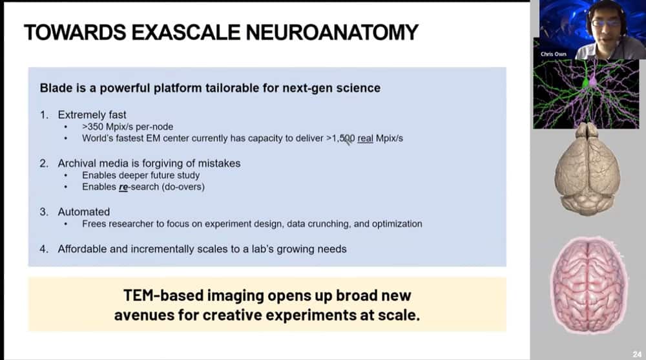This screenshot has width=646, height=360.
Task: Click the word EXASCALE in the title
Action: pyautogui.click(x=185, y=32)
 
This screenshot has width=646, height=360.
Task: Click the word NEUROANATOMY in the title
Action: pyautogui.click(x=332, y=32)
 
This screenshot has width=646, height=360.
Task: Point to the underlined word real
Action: pyautogui.click(x=365, y=138)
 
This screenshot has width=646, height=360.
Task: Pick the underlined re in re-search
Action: pyautogui.click(x=123, y=187)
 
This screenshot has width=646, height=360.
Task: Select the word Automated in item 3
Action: pyautogui.click(x=83, y=212)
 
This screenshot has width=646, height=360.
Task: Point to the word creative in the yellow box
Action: pyautogui.click(x=233, y=315)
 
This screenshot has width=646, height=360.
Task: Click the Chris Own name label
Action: pyautogui.click(x=554, y=54)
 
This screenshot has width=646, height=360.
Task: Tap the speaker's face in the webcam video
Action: pyautogui.click(x=607, y=24)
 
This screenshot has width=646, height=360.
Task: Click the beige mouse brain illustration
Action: pyautogui.click(x=587, y=169)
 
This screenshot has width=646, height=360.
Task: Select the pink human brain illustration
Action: pyautogui.click(x=589, y=285)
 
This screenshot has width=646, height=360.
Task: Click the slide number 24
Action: pyautogui.click(x=637, y=354)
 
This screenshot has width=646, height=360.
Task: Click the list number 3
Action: pyautogui.click(x=44, y=212)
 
